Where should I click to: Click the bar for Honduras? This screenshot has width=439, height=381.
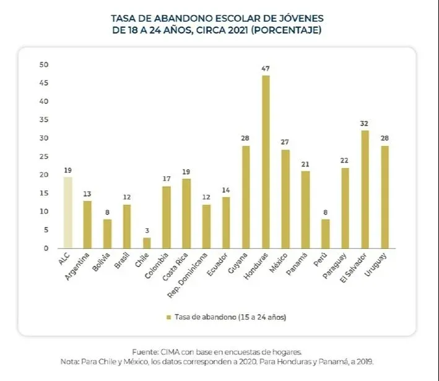tap(266, 162)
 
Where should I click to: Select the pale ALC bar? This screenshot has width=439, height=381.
tap(67, 213)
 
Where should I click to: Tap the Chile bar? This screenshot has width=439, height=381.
tap(147, 243)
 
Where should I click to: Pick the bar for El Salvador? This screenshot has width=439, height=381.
tap(365, 189)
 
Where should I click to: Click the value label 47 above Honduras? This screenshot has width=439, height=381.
tap(266, 68)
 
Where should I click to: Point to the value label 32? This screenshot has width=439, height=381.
tap(365, 123)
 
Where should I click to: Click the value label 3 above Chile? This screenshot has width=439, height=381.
tap(147, 230)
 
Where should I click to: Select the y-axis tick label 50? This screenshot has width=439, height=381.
tap(43, 64)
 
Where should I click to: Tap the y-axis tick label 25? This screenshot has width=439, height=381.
tap(43, 156)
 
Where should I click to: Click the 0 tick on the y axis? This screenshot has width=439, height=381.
tap(45, 249)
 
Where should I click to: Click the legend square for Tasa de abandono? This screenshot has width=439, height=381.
tap(168, 317)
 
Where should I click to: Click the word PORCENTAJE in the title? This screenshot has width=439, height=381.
tap(291, 30)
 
